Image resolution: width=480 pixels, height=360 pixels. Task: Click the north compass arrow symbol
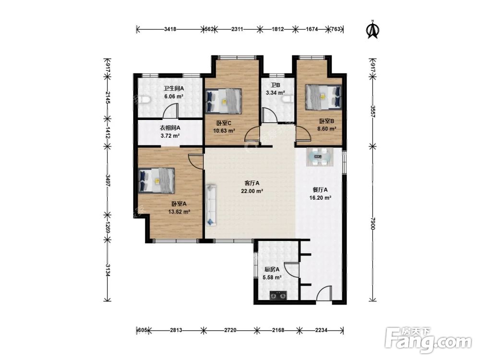pos(373,30)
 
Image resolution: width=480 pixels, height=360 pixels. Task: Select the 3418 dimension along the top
pos(170,29)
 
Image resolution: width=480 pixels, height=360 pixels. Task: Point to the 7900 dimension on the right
pos(372,224)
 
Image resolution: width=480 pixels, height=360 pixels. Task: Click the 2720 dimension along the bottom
pos(230,330)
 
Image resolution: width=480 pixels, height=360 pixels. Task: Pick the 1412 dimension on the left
pos(107,132)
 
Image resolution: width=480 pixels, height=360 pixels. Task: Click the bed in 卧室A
pos(156,180)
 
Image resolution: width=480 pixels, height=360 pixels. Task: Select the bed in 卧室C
pos(224,101)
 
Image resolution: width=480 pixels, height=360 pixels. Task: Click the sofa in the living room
pos(211,205)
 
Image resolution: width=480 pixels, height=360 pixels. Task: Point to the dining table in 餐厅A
pos(320,157)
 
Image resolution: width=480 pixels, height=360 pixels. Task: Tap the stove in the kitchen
pos(278,296)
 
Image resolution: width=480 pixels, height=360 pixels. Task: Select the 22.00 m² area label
pos(252,191)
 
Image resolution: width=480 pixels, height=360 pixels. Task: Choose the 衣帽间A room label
pos(170,128)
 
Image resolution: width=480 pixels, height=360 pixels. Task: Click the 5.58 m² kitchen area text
pos(272,277)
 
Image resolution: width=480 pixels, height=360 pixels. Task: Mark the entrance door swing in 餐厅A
pos(324,293)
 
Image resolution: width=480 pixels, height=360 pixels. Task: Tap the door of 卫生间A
pos(170,111)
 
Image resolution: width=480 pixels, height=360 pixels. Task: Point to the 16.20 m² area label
pos(320,198)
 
